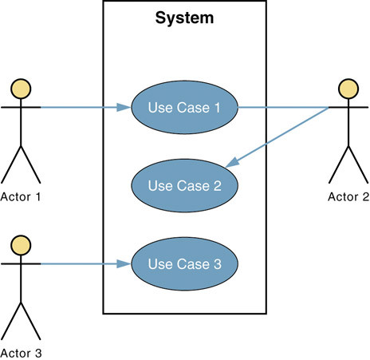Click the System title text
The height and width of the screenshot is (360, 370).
click(184, 18)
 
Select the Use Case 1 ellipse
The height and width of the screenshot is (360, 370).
click(184, 108)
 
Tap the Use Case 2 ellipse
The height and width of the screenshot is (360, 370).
click(184, 185)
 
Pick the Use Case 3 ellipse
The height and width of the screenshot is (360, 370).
click(184, 263)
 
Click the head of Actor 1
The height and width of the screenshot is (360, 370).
click(21, 89)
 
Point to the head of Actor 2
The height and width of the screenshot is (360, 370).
click(348, 89)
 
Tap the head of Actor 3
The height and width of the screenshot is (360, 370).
click(21, 245)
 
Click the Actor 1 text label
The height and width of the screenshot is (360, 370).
click(21, 197)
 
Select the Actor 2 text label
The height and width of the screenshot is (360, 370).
click(348, 197)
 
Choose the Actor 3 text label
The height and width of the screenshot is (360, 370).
click(21, 354)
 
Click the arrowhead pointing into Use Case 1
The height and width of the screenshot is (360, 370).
click(124, 108)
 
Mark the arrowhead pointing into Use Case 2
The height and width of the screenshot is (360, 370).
click(232, 163)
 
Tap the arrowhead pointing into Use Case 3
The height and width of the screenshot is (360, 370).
click(124, 264)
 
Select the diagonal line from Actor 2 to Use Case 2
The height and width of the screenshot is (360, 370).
click(277, 137)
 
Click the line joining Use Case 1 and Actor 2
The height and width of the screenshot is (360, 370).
click(283, 108)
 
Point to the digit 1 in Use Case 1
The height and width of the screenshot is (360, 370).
click(217, 108)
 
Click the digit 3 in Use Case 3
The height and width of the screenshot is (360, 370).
click(218, 264)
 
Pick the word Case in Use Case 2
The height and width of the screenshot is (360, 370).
click(193, 186)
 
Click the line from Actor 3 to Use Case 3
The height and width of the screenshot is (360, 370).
click(86, 264)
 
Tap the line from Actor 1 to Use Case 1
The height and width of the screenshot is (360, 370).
click(86, 108)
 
